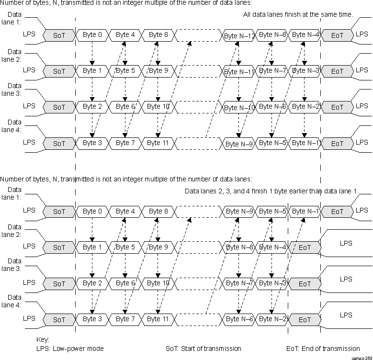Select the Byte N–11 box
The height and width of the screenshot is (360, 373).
239,72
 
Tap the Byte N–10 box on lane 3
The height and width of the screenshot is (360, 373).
239,108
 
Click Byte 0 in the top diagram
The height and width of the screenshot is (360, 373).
92,35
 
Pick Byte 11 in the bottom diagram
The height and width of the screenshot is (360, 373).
158,319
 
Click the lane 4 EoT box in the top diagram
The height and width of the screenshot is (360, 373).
337,144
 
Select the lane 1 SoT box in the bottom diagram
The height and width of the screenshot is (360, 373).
59,211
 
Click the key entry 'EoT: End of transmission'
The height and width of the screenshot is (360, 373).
322,349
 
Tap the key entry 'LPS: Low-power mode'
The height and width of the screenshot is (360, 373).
70,349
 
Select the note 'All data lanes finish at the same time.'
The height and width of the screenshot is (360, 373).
298,15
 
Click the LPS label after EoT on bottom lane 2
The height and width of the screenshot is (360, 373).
346,243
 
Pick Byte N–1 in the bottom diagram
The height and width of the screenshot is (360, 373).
305,212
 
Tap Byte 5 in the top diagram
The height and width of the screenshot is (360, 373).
125,71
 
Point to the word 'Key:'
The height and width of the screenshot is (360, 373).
43,339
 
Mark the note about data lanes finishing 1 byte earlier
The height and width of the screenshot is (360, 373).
271,191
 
